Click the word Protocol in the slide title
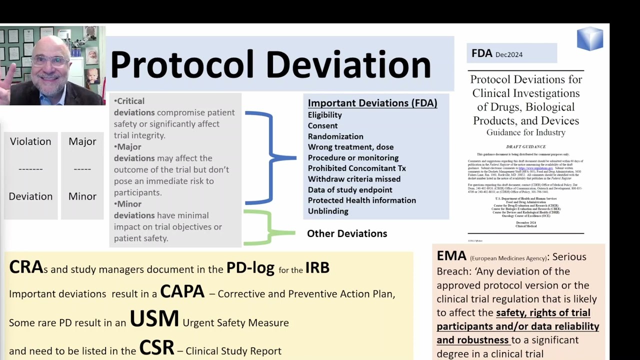click(x=182, y=65)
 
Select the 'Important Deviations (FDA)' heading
click(x=372, y=103)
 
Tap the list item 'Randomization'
click(x=335, y=136)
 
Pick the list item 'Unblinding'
click(x=327, y=211)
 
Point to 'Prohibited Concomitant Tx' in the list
click(x=356, y=168)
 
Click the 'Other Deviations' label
click(x=346, y=233)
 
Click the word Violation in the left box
click(x=30, y=141)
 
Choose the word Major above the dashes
click(x=82, y=141)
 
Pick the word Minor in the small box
click(x=82, y=196)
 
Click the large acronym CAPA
click(x=182, y=291)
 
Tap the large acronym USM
click(x=154, y=319)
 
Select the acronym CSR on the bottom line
click(x=156, y=348)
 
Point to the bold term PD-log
click(x=250, y=268)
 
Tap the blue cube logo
click(x=590, y=39)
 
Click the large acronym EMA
click(x=451, y=256)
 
